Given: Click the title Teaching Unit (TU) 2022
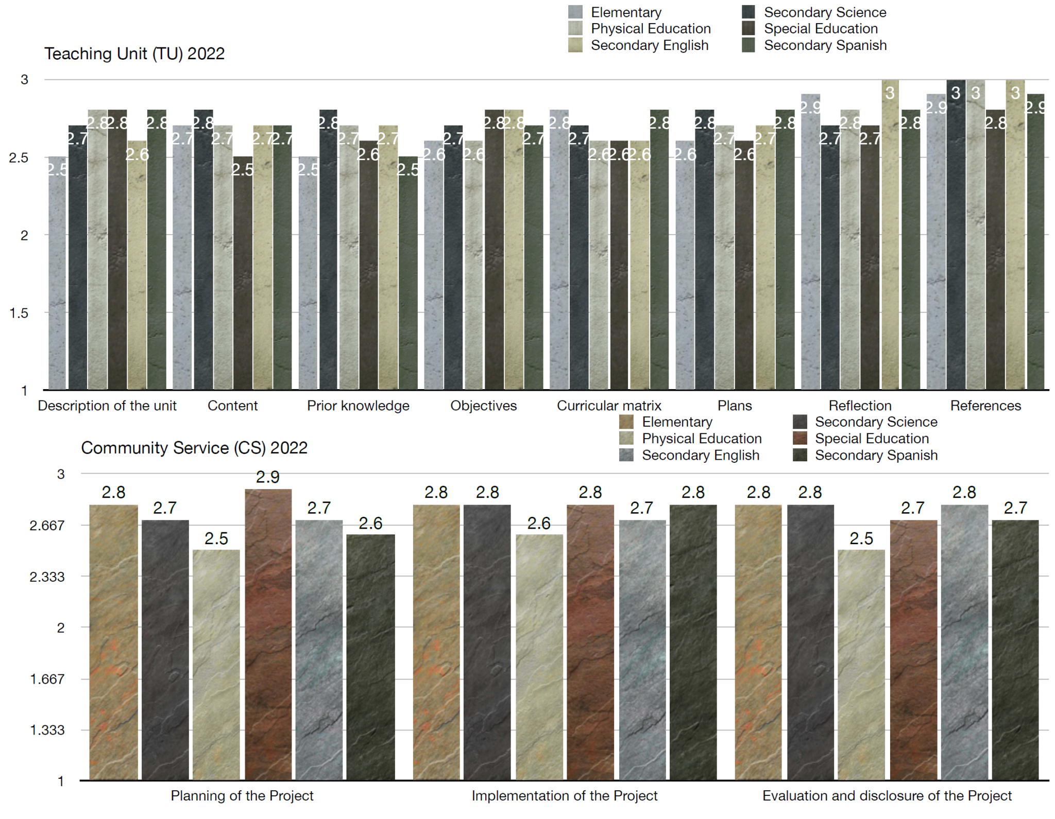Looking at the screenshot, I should point(134,54).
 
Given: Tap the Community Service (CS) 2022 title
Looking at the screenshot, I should point(194,448).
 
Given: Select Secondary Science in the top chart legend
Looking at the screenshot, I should point(824,12).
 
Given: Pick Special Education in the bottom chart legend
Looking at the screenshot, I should point(871,439).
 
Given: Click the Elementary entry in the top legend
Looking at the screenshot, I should point(625,12).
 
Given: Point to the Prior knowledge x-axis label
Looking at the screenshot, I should point(358,406).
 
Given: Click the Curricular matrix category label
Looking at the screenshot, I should point(609,406).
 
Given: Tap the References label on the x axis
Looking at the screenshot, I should point(985,406).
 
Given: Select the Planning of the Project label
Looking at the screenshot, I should point(242,796).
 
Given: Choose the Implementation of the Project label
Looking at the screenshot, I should point(565,796).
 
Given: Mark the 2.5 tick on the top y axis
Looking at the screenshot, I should point(19,158).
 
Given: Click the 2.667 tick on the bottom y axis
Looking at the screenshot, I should point(47,526).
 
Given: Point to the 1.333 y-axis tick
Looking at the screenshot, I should point(47,730).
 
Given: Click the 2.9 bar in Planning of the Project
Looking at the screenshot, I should point(268,633).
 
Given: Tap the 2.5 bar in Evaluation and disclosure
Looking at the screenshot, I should point(861,664).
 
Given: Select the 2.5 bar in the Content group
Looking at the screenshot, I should point(243,273).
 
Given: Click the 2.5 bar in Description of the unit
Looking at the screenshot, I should point(58,273).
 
